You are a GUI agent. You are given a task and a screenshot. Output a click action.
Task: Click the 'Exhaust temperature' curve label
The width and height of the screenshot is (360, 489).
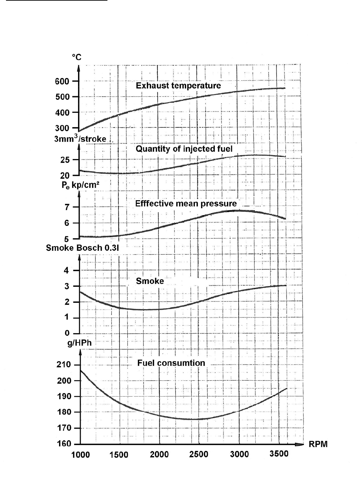coord(178,86)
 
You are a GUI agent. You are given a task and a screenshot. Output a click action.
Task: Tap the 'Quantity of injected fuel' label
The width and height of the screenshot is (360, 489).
coord(184,149)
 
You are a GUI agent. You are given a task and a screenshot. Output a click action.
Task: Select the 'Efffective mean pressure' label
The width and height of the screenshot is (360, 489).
coord(186,203)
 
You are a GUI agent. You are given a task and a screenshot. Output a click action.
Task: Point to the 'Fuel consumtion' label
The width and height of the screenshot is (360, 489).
coord(171,363)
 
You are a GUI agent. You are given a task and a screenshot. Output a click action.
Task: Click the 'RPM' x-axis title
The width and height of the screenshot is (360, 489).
coord(318,444)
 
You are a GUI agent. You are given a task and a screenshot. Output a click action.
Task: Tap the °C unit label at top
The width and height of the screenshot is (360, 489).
coord(77,57)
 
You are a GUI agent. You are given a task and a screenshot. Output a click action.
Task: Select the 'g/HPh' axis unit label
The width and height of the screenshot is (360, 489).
coord(79,343)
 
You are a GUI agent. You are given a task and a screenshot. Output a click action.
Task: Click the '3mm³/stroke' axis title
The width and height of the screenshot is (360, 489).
coord(80,139)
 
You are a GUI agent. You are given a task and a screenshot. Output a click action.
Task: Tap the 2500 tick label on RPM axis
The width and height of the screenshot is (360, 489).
coord(199,454)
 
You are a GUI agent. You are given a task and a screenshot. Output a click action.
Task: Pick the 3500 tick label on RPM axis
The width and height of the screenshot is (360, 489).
coord(279,454)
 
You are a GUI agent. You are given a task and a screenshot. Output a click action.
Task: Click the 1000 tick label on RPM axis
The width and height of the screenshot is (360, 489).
coord(80,455)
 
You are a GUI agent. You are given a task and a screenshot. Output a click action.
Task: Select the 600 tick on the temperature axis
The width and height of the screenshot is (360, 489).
coord(62,81)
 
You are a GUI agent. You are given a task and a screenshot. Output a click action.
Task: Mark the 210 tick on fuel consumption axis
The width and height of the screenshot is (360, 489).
coord(64,365)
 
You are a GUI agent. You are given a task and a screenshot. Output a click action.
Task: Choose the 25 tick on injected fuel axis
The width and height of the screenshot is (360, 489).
coord(65,160)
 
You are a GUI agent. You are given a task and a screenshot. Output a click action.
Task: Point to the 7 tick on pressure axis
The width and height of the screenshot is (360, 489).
coord(67,207)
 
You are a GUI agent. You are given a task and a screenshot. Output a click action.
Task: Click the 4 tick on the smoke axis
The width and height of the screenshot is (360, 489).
coord(67,270)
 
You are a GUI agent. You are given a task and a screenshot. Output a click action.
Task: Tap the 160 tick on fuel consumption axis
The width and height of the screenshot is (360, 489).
coord(64,444)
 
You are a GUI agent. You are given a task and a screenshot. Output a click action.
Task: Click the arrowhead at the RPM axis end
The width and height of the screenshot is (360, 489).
coord(300,444)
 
